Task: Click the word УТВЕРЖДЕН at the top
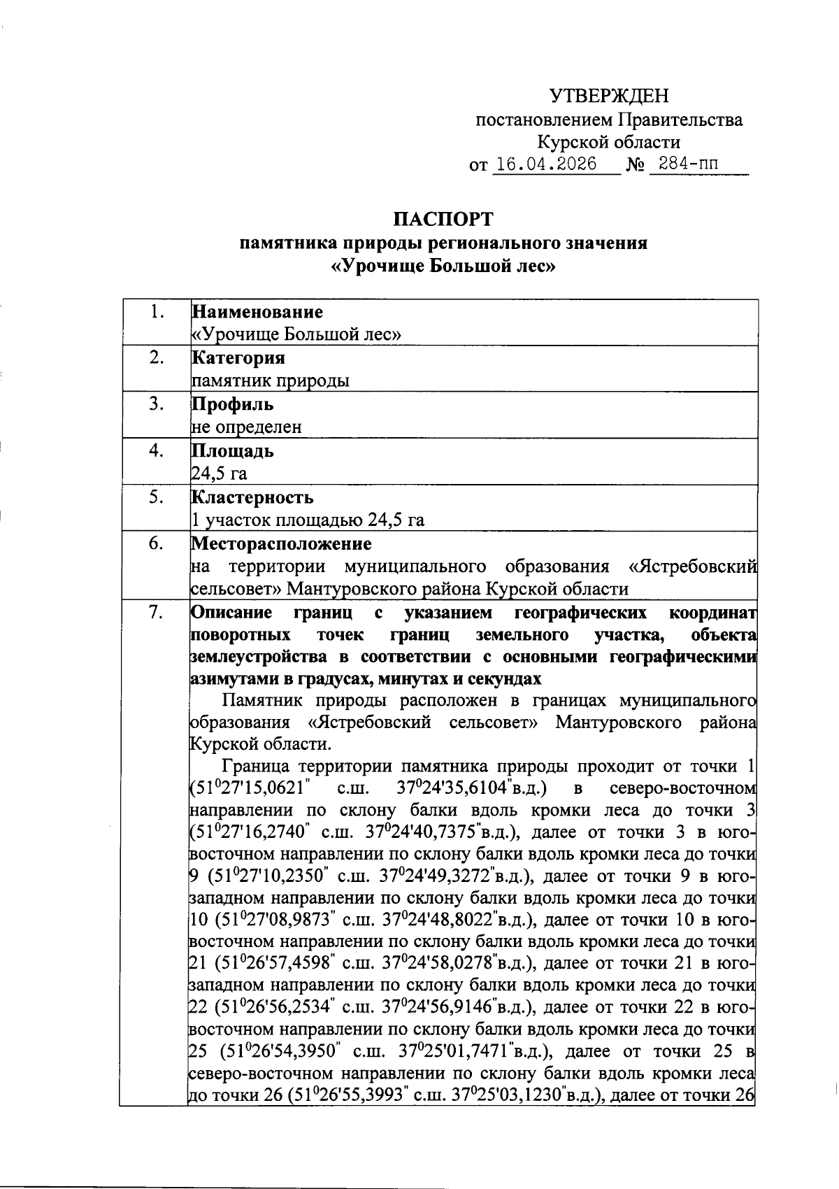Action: pos(608,96)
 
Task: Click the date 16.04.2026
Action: pos(545,165)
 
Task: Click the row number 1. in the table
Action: pos(156,312)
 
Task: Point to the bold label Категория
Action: pos(238,358)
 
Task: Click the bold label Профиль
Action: pos(232,404)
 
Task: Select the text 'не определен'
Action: pos(246,427)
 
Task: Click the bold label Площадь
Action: pos(232,451)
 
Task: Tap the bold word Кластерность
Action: pos(252,498)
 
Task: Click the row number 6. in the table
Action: pos(156,543)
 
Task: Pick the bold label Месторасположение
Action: pos(281,543)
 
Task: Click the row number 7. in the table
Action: pos(156,613)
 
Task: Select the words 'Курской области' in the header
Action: pos(608,143)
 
